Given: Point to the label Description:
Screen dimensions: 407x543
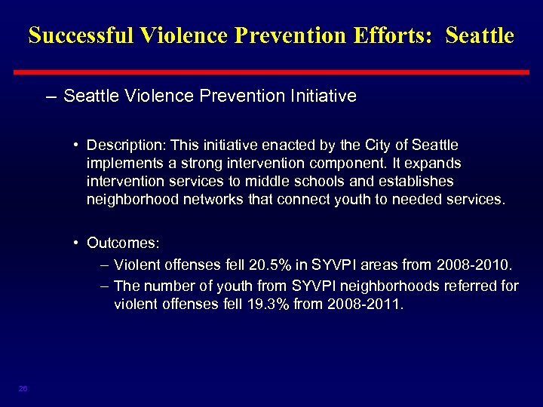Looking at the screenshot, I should [x=122, y=144].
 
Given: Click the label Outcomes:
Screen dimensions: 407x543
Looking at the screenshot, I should [x=123, y=243].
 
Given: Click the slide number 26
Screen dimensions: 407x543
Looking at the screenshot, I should [x=23, y=388].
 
